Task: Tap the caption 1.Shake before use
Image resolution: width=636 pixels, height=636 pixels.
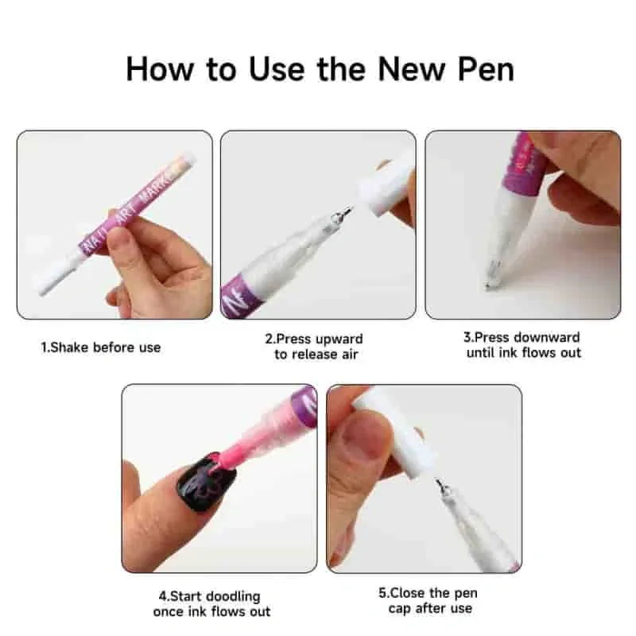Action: pos(101,347)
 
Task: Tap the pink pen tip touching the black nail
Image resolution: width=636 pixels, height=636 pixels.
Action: pos(216,463)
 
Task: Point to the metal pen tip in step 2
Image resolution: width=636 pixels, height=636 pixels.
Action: pos(343,215)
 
